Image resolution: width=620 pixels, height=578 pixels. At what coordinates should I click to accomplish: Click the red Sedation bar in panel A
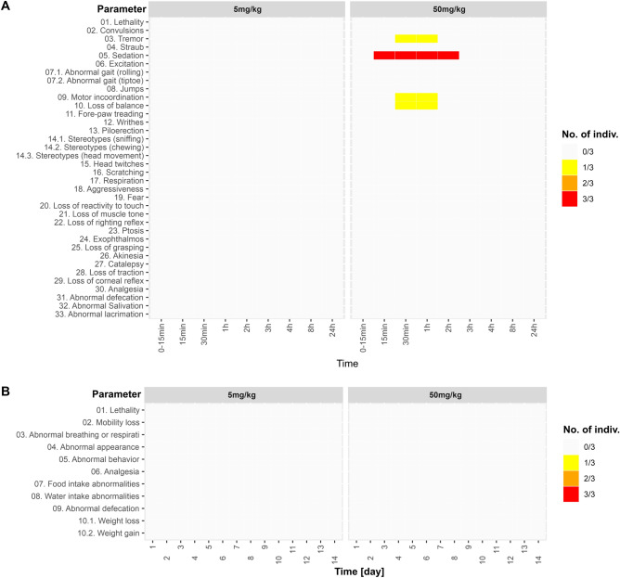tap(416, 55)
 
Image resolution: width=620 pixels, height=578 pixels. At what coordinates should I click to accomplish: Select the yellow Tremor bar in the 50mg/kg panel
tap(416, 38)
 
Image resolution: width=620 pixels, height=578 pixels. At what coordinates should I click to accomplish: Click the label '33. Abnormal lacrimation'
tap(97, 314)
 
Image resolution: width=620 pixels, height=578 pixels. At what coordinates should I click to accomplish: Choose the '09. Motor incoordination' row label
tap(100, 96)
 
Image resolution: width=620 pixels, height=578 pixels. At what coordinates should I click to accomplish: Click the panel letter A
tap(6, 7)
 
